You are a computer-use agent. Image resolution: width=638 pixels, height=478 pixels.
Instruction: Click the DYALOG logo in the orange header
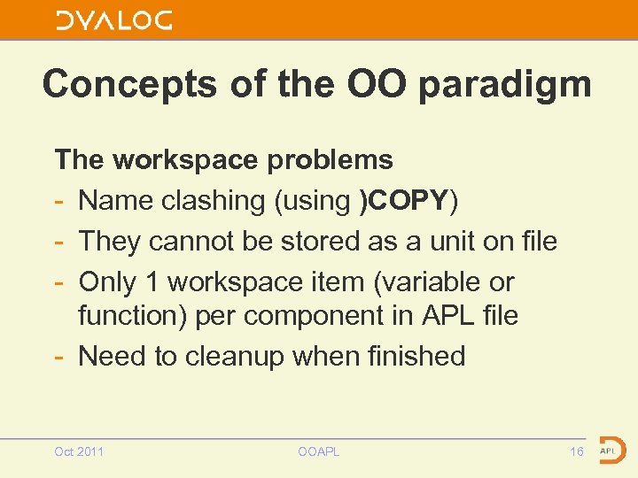tap(114, 20)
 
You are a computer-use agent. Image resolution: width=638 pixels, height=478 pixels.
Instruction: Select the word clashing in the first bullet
tap(213, 201)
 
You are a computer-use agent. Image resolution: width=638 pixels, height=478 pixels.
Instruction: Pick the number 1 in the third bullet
tap(152, 282)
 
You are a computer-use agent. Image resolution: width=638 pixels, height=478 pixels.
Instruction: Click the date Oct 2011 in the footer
tap(79, 451)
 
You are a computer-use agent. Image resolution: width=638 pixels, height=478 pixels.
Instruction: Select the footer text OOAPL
tap(319, 451)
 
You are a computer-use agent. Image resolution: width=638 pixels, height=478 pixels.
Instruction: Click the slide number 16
tap(576, 451)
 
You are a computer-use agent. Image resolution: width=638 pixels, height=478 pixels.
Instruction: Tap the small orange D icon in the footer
tap(610, 450)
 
